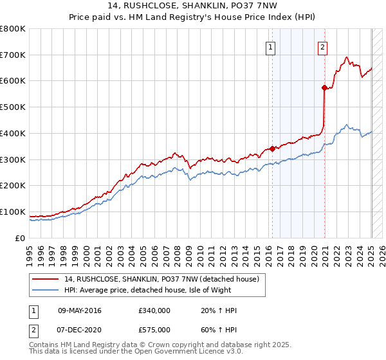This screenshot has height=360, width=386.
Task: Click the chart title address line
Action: coord(192,7)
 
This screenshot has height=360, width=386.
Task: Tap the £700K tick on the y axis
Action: coord(13,55)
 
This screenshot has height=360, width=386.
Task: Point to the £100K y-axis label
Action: coord(13,212)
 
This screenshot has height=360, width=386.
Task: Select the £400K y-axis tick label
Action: coord(13,133)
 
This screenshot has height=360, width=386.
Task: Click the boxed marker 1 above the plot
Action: coord(270,46)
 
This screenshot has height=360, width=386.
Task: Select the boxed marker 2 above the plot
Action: coord(322,46)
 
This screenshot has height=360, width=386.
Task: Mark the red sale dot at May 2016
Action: coord(272,148)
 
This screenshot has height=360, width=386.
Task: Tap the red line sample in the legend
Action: coord(45,279)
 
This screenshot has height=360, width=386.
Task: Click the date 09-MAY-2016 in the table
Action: coord(80,311)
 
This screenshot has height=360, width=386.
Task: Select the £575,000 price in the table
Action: coord(154,329)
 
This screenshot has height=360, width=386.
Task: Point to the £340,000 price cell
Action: coord(154,311)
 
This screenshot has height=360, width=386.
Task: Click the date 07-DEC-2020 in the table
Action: coord(80,329)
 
